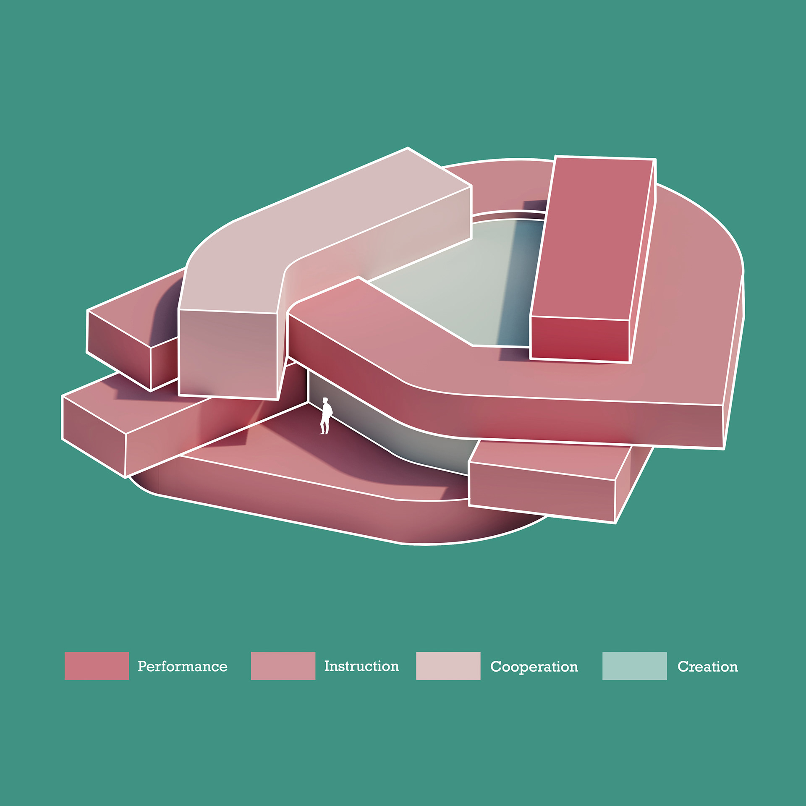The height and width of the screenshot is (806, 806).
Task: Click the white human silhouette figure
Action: coord(326,416)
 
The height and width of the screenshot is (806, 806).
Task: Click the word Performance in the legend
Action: coord(183,666)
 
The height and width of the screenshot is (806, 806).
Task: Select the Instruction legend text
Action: coord(361,666)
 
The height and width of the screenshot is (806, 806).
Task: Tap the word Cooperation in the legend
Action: coord(534,667)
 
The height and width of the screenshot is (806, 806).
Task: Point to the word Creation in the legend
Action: coord(707,667)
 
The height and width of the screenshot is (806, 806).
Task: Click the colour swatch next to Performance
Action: coord(97,666)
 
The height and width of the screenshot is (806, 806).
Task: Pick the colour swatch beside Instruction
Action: coord(283,666)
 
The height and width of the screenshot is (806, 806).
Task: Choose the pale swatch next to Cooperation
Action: coord(448,666)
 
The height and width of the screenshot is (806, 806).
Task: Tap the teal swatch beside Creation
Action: coord(634,666)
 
